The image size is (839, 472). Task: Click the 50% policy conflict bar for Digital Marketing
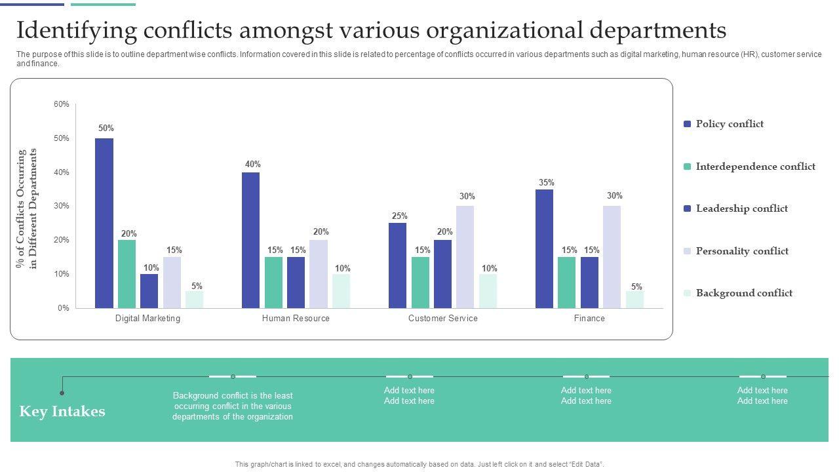[104, 223]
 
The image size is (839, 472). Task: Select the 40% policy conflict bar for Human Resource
[251, 240]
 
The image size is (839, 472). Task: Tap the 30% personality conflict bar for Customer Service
[465, 257]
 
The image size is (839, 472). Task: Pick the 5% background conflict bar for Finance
[634, 300]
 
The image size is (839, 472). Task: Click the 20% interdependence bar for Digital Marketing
[127, 274]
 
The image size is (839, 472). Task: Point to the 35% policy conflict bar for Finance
[544, 248]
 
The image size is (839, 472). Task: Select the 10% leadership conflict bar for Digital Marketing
[149, 291]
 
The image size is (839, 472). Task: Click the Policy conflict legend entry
[729, 124]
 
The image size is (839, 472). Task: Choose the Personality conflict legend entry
[741, 251]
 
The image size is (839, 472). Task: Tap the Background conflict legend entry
[743, 293]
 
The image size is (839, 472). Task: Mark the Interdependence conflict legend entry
[755, 167]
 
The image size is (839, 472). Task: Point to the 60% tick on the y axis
[62, 104]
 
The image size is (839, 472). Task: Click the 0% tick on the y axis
[63, 308]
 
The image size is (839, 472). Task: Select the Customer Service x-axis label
[443, 319]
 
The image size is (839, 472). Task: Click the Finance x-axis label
[589, 319]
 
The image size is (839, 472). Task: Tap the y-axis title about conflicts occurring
[28, 208]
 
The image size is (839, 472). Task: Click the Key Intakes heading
[62, 412]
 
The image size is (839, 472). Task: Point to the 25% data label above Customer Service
[399, 216]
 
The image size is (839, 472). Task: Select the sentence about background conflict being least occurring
[233, 406]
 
